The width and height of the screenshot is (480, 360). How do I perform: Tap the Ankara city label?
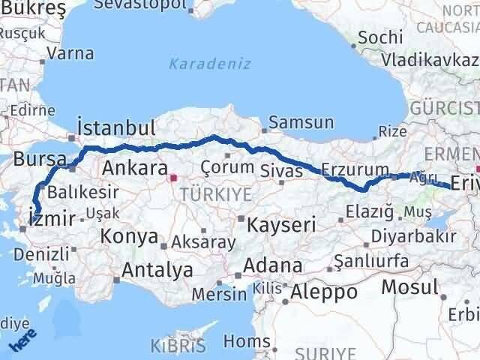133,166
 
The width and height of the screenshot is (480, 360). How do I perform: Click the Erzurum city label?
355,169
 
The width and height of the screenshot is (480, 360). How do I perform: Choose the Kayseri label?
282,223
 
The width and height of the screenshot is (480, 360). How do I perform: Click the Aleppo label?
323,291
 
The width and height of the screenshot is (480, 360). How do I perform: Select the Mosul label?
409,286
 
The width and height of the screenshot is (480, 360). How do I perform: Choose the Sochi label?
379,37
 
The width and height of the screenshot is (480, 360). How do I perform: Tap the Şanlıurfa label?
371,261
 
